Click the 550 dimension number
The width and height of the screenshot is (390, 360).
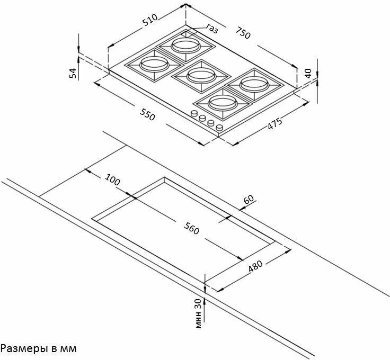point(148,114)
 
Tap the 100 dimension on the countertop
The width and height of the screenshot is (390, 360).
point(113,179)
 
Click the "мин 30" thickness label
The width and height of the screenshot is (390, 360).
point(198,313)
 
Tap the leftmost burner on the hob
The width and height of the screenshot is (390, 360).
point(149,65)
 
